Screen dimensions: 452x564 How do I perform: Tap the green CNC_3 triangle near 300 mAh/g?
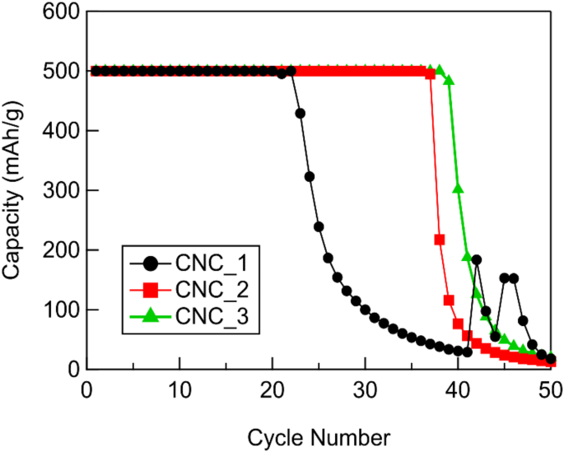459,189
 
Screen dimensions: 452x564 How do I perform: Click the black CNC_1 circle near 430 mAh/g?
301,114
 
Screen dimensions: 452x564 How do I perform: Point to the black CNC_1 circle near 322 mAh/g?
310,177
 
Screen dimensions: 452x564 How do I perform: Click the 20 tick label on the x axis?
273,388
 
